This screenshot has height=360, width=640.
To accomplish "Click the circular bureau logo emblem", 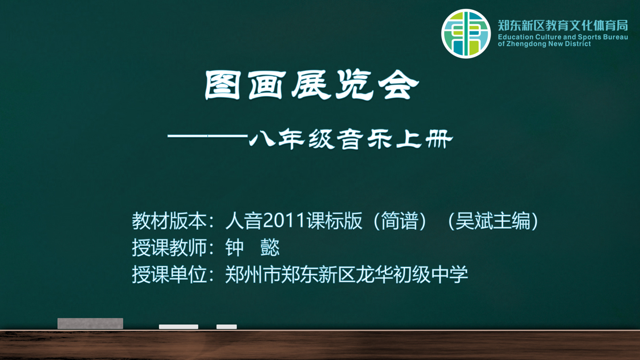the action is [466, 34].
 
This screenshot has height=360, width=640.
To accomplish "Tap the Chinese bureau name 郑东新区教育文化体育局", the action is [563, 25].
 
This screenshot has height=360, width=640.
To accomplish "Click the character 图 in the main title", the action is [222, 85].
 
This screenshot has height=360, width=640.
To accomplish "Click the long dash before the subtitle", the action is [208, 136].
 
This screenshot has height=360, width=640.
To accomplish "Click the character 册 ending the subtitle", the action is [439, 139].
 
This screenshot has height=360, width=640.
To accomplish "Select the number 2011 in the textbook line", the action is [284, 220].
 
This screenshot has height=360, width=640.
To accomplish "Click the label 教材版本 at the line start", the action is [169, 221].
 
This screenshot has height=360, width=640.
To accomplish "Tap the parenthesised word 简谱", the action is [399, 221].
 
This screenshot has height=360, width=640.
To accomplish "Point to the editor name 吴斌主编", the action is [493, 221].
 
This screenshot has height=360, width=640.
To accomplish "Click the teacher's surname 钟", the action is [235, 248].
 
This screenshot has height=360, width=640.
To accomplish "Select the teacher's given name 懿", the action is [270, 248].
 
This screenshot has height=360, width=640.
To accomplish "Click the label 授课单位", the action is [169, 275].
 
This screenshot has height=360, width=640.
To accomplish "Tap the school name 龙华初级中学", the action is [412, 275].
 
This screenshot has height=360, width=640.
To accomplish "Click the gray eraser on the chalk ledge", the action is [90, 323].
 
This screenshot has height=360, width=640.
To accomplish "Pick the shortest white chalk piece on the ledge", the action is [227, 327].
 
